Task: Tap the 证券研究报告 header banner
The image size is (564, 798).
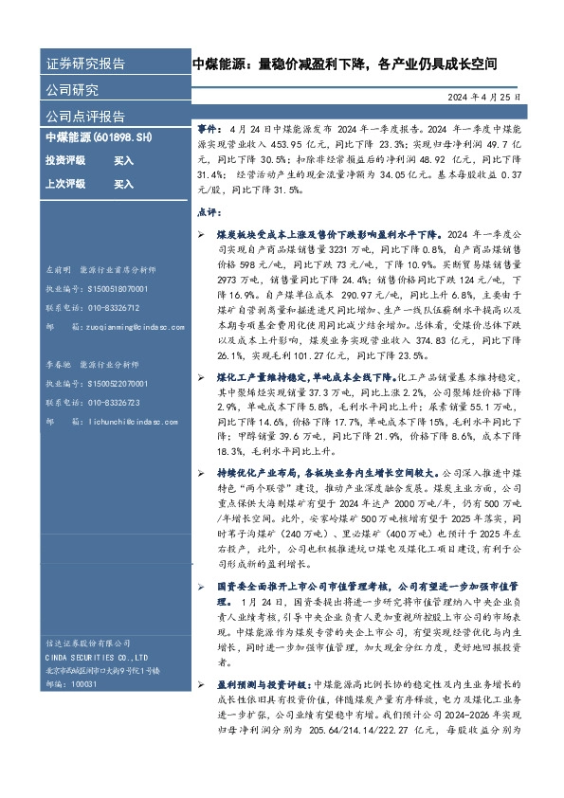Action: pos(85,64)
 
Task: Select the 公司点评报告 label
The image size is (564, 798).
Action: pos(85,116)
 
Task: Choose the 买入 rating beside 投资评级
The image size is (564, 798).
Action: pos(123,160)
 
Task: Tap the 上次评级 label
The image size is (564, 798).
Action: pos(65,184)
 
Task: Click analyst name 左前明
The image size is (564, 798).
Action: pos(59,270)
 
